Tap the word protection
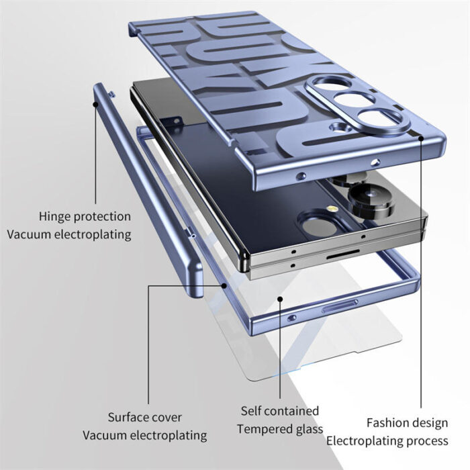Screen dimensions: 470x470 tap(102, 217)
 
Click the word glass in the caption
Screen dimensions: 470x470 tap(308, 428)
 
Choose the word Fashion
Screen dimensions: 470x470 tap(387, 423)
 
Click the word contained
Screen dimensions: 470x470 tap(293, 410)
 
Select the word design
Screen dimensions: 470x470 tap(429, 423)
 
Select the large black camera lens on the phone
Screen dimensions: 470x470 tap(371, 199)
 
